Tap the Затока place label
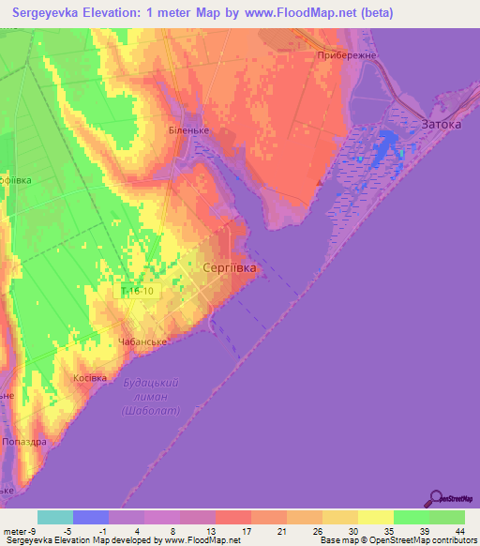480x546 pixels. (x=442, y=123)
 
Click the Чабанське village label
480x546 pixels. (x=142, y=341)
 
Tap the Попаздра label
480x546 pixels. (x=25, y=440)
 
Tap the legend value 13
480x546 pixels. (x=197, y=531)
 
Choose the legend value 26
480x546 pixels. (x=304, y=531)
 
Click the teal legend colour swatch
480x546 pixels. (x=55, y=517)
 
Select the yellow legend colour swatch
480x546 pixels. (x=375, y=517)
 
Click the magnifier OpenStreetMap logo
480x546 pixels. (x=436, y=498)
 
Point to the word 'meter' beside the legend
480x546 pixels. (x=15, y=531)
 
